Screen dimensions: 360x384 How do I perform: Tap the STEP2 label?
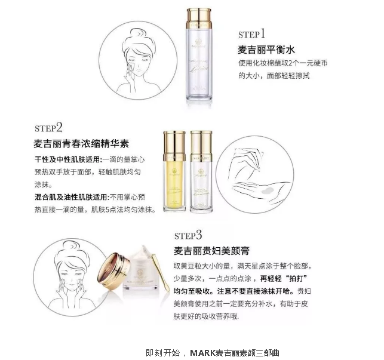[x=49, y=129]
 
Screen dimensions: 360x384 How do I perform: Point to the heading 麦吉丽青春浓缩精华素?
[x=82, y=144]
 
